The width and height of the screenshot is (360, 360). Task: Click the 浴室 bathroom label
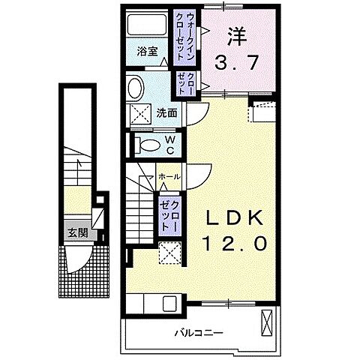[147, 52]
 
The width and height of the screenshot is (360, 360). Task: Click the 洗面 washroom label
[166, 113]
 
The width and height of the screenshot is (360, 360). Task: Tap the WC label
[169, 144]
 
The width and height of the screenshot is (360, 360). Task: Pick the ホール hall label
[169, 177]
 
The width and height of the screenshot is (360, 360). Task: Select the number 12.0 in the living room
[234, 244]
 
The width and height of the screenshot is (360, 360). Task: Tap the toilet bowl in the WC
[148, 144]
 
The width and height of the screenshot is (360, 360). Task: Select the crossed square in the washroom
[140, 115]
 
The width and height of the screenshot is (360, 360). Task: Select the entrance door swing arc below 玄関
[76, 259]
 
